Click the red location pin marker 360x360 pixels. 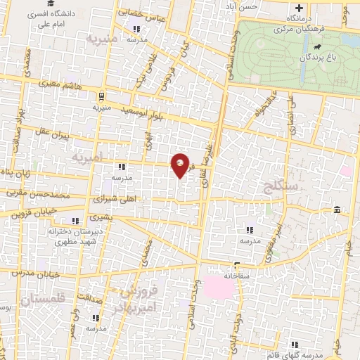tap(181, 165)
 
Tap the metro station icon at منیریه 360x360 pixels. tap(103, 96)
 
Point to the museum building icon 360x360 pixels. tap(337, 210)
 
